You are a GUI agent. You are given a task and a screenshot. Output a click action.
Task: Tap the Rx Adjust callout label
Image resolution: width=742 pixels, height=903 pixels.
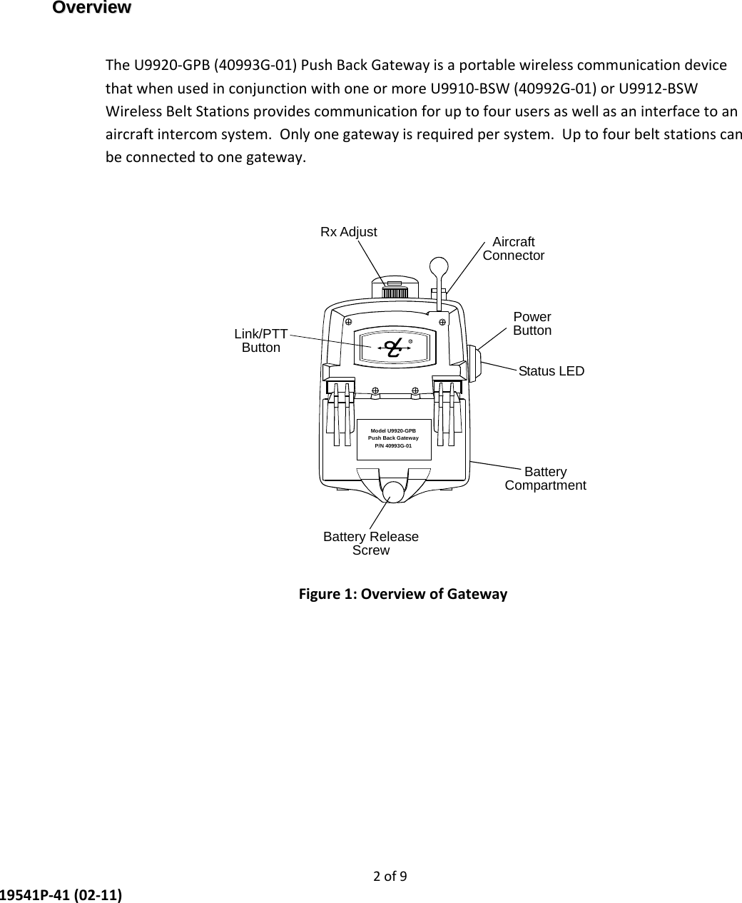[x=348, y=232]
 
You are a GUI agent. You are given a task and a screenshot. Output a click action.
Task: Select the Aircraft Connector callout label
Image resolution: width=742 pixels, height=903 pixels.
[x=514, y=248]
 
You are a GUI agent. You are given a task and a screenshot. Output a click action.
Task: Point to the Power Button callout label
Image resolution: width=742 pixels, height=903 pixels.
[x=532, y=323]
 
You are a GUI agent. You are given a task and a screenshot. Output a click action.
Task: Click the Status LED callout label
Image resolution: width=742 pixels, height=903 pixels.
[x=551, y=371]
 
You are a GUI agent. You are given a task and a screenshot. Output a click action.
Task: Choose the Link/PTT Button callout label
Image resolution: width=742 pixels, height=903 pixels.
[x=261, y=341]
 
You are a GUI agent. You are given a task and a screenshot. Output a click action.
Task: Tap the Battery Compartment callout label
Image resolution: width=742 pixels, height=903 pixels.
[x=545, y=479]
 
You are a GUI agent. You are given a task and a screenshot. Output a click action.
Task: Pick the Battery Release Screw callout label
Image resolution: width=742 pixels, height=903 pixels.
[x=371, y=543]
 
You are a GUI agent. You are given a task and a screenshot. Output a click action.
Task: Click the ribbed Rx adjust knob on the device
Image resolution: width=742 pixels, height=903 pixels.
[x=395, y=293]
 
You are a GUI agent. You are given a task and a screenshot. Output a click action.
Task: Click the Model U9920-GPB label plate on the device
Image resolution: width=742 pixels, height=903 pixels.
[x=393, y=438]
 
